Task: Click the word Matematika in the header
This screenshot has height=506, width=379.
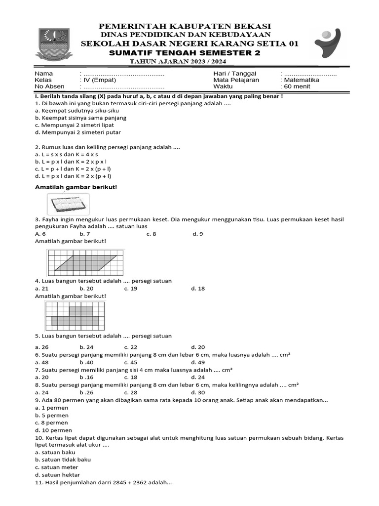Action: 301,80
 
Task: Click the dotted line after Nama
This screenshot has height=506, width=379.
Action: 123,73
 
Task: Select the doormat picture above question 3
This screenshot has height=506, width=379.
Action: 69,204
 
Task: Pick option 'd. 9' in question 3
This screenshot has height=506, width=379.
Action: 197,234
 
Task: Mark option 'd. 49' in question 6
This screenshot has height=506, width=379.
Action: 198,362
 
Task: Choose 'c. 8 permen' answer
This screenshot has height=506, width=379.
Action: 52,422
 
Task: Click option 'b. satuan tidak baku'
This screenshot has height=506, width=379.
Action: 63,460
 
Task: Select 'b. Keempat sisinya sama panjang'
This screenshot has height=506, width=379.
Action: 81,118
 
